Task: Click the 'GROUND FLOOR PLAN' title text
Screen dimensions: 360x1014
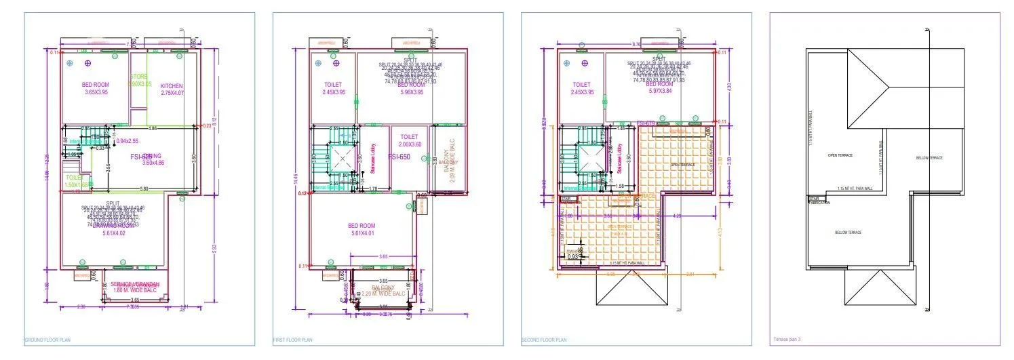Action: pyautogui.click(x=47, y=340)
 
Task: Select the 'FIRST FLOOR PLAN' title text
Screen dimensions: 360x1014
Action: pyautogui.click(x=293, y=340)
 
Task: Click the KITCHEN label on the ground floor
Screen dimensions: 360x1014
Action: pyautogui.click(x=172, y=86)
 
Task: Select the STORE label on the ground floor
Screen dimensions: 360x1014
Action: pyautogui.click(x=138, y=77)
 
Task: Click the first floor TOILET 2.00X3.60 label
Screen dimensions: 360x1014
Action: pyautogui.click(x=408, y=140)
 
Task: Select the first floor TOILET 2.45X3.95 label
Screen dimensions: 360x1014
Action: pyautogui.click(x=334, y=89)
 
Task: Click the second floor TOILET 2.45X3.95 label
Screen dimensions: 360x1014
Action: pyautogui.click(x=582, y=89)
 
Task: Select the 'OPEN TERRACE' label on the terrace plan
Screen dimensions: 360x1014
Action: pyautogui.click(x=840, y=155)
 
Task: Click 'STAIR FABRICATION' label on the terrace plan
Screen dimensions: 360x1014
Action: pyautogui.click(x=819, y=201)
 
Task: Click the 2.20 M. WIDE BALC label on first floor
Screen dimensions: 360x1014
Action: pyautogui.click(x=383, y=294)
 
